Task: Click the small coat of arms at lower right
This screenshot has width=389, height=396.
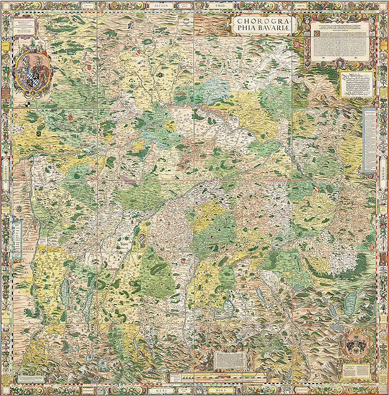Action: click(x=355, y=346)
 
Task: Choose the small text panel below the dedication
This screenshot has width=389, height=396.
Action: click(x=356, y=84)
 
